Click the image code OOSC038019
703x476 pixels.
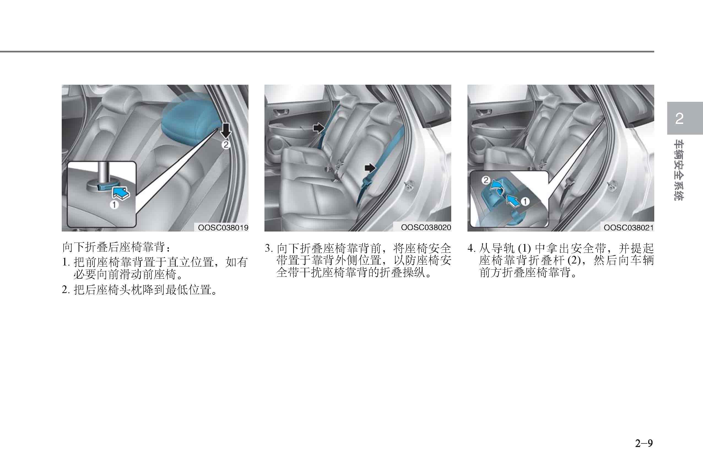tap(223, 228)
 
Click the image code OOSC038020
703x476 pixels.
tap(426, 228)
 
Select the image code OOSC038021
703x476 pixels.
tap(629, 228)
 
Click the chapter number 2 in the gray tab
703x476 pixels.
tap(679, 118)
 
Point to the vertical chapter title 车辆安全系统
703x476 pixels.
tap(678, 170)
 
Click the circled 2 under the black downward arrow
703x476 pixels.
tap(226, 145)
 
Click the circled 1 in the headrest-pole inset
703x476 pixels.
tap(114, 205)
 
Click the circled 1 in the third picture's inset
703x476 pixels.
tap(525, 201)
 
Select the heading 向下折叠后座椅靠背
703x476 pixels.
tap(113, 248)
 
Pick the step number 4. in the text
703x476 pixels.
tap(472, 249)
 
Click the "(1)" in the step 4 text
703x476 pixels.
tap(524, 249)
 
